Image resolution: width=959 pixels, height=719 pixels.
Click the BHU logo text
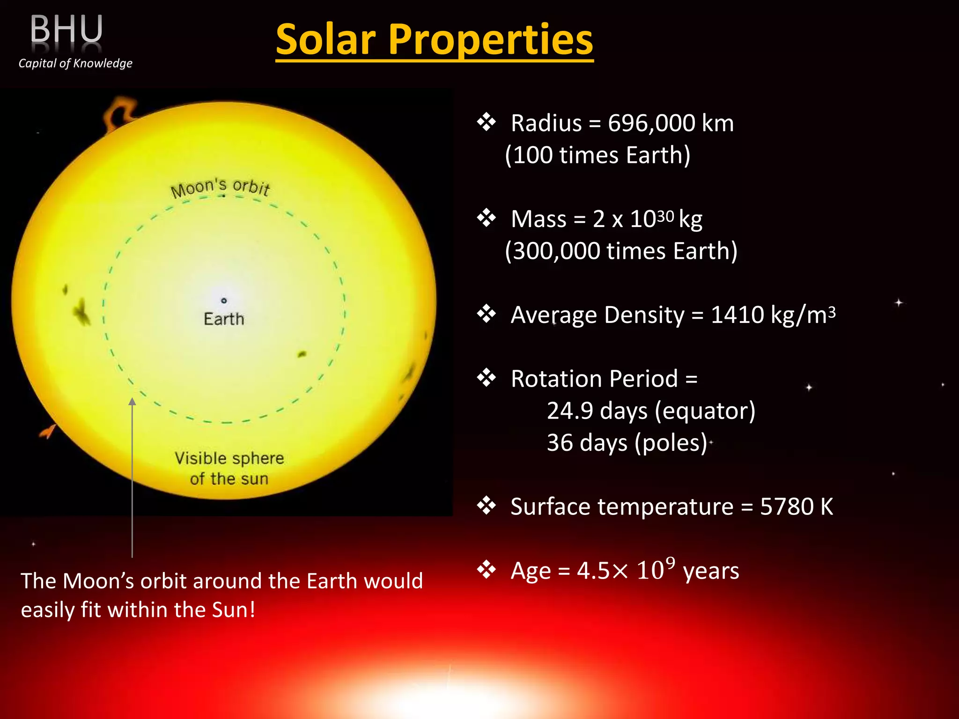pos(66,29)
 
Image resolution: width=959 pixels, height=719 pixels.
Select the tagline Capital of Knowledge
pos(75,63)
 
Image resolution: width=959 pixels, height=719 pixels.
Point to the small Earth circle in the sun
pos(224,301)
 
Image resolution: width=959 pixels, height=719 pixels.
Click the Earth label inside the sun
pos(224,319)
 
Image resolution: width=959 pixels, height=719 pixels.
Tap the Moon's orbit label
pos(220,187)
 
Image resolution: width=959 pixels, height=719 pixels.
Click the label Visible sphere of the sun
pos(229,468)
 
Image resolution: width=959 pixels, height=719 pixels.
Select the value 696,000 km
pos(671,124)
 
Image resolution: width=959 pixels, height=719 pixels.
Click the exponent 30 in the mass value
pos(665,216)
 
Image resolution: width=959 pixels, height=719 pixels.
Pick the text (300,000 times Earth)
pos(621,251)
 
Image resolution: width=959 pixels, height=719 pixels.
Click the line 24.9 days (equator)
pos(651,411)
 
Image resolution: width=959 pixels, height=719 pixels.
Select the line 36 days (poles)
pos(627,443)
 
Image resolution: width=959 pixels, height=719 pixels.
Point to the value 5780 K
pos(796,507)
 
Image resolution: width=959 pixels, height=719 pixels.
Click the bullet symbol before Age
pos(487,570)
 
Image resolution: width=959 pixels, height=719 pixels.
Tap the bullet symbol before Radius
pos(487,123)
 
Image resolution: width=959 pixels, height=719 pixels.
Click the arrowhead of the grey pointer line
pos(133,402)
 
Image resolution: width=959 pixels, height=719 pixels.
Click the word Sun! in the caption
pos(233,610)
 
